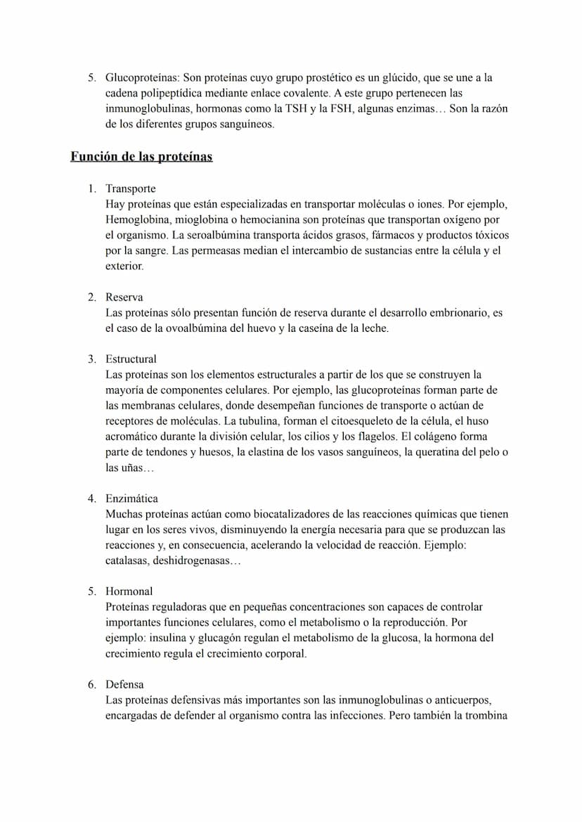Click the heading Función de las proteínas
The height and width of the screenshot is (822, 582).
[141, 157]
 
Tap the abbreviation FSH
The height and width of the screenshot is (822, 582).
[341, 109]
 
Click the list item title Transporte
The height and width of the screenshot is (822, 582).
[131, 189]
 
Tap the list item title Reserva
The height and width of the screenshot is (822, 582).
[124, 297]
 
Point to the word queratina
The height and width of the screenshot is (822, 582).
[446, 452]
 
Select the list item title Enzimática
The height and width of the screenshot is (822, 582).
[132, 499]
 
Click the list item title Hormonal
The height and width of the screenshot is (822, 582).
[129, 591]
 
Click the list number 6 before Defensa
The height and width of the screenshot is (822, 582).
[91, 684]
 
